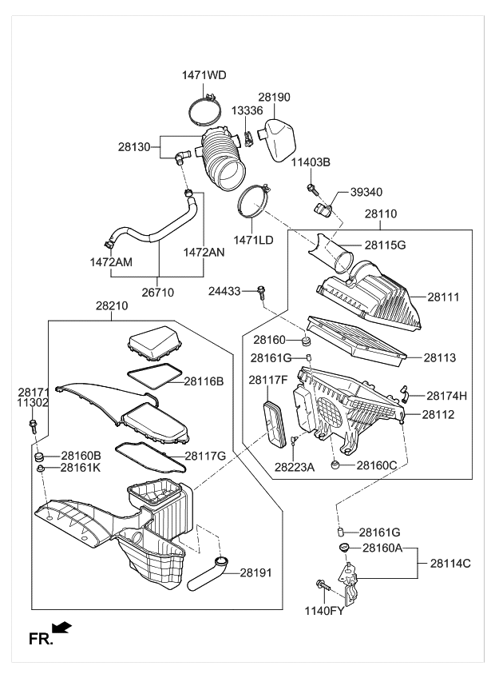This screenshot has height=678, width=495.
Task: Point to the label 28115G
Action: pos(385,245)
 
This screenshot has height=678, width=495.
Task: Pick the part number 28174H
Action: pos(446,395)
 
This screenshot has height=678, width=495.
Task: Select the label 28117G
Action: pos(205,456)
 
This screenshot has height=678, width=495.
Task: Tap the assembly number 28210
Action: pos(112,305)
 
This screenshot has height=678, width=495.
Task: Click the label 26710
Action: pos(157,293)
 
